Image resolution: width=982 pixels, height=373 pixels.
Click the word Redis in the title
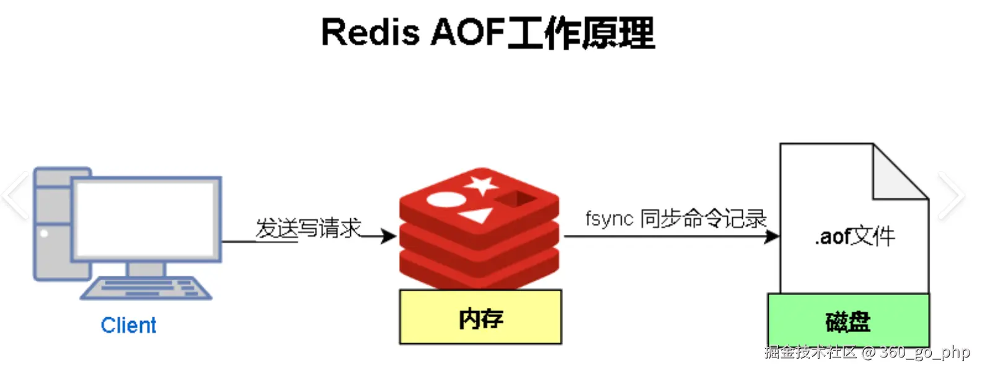tap(371, 32)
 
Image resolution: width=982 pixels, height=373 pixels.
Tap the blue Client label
tap(128, 325)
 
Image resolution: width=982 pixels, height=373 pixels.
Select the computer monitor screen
tap(146, 219)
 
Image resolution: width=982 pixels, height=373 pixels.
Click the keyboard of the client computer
tap(146, 288)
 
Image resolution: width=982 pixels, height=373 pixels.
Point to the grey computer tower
tap(53, 224)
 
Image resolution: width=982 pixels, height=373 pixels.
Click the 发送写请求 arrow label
tap(309, 228)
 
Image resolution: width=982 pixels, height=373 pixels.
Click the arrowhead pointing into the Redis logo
tap(389, 236)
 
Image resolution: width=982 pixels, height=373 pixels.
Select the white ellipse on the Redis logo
tap(446, 200)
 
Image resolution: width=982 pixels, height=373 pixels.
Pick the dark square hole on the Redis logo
tap(516, 199)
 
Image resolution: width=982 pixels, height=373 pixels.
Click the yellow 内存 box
tap(480, 317)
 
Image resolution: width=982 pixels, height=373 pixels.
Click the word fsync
tap(609, 218)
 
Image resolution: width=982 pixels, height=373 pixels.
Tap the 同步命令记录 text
tap(703, 219)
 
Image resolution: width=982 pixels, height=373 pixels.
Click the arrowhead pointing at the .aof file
tap(772, 237)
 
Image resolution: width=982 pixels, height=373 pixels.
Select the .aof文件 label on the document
tap(854, 237)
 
